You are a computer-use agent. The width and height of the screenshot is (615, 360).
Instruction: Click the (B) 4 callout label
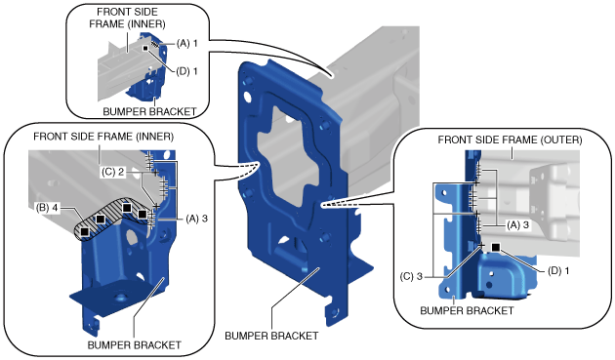click(x=47, y=208)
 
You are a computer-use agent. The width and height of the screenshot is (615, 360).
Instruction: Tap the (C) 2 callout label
click(x=112, y=172)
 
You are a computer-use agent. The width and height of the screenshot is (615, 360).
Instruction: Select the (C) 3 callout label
click(x=411, y=276)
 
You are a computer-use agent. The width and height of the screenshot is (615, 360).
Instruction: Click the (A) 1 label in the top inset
click(x=186, y=44)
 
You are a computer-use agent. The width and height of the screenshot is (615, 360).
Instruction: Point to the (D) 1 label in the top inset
click(x=186, y=71)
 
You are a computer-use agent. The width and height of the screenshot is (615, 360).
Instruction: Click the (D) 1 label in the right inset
click(x=558, y=270)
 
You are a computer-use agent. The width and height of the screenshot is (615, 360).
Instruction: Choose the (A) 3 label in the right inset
click(x=517, y=225)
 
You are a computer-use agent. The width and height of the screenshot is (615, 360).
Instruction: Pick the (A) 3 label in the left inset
click(x=196, y=219)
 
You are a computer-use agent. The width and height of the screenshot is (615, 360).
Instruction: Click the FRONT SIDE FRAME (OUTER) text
click(x=510, y=140)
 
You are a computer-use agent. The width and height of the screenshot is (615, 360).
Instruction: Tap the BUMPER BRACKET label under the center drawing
click(x=271, y=336)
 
